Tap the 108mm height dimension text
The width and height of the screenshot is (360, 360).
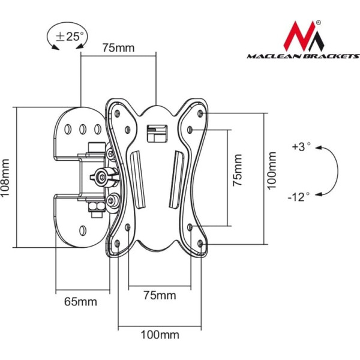(x=5, y=178)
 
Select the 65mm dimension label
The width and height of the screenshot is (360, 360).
(x=80, y=301)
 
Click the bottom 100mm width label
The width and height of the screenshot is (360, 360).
(x=160, y=335)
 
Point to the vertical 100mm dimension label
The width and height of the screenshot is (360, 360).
(x=272, y=170)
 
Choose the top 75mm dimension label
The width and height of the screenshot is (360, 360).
(x=118, y=48)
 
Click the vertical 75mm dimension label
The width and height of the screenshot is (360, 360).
(x=238, y=170)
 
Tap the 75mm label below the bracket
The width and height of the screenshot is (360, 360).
(x=160, y=295)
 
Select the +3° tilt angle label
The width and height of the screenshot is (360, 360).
(x=301, y=147)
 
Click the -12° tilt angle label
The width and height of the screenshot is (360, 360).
(x=299, y=197)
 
